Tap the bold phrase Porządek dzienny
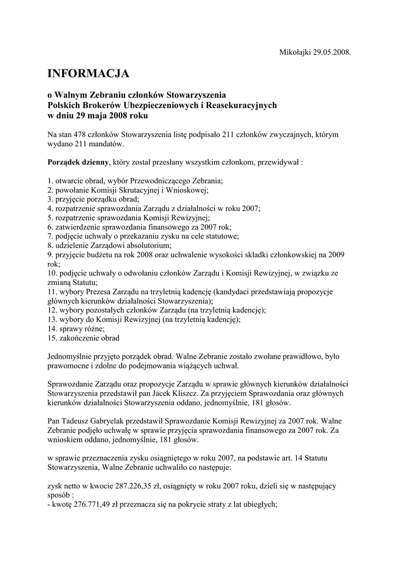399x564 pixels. [x=78, y=163]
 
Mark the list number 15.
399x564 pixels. [x=52, y=338]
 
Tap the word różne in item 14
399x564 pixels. [x=91, y=328]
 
